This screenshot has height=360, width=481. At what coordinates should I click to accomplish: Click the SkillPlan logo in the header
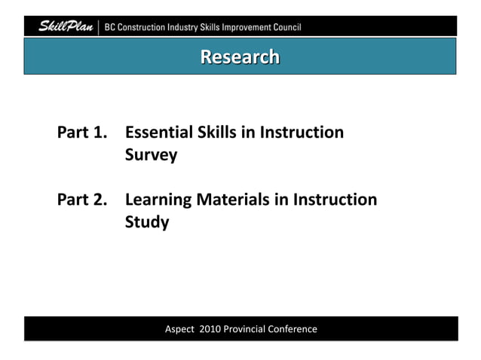point(66,27)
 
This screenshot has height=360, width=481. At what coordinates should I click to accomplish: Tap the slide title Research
point(240,56)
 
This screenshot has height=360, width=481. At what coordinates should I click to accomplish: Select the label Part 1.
point(81,133)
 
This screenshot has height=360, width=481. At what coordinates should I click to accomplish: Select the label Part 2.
point(81,200)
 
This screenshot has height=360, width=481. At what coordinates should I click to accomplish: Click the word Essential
point(158,133)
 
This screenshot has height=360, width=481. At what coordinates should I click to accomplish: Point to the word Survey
point(151,155)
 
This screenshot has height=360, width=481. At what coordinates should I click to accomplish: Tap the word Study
point(146,223)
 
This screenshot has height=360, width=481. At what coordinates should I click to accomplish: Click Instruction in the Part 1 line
point(302,133)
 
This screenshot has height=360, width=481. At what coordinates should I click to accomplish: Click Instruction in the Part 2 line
point(334,200)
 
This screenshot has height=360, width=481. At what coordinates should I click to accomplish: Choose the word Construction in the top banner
point(153,28)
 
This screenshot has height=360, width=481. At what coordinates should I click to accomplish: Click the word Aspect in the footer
point(179,329)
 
